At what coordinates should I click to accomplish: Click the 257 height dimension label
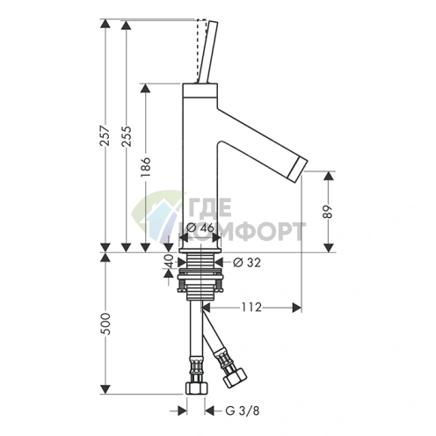[x=105, y=136]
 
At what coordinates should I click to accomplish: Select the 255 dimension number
[x=127, y=136]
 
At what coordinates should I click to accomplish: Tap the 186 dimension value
[x=146, y=167]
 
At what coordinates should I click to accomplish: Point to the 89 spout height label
[x=329, y=212]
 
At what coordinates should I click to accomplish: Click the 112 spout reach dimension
[x=251, y=308]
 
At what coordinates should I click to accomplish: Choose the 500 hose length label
[x=105, y=324]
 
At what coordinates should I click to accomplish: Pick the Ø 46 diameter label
[x=200, y=228]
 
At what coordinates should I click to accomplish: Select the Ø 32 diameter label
[x=246, y=263]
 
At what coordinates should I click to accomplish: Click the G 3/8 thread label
[x=243, y=411]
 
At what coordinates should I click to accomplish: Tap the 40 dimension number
[x=170, y=261]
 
